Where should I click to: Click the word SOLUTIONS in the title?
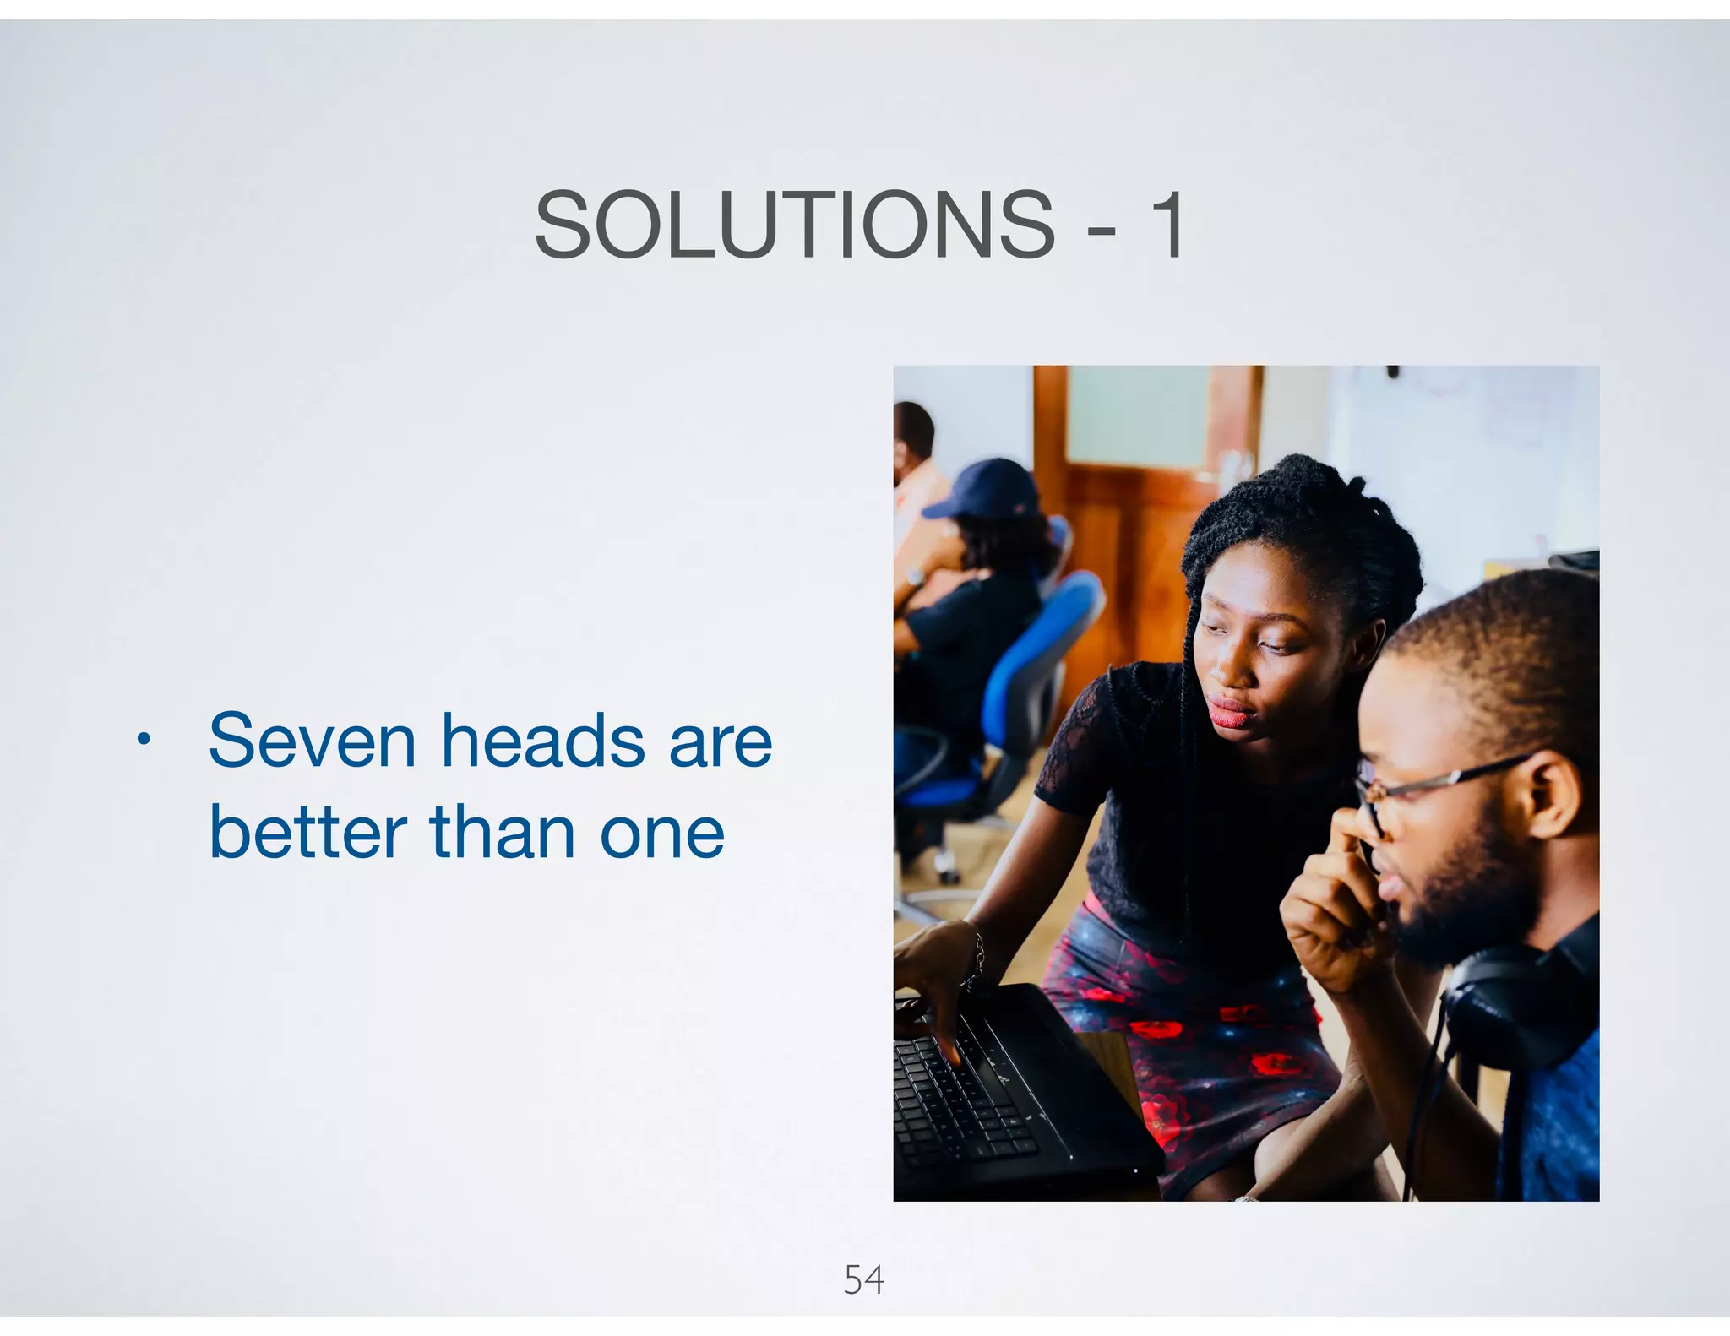coord(794,225)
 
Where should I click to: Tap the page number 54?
coord(863,1279)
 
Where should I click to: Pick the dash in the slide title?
coord(1102,230)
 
